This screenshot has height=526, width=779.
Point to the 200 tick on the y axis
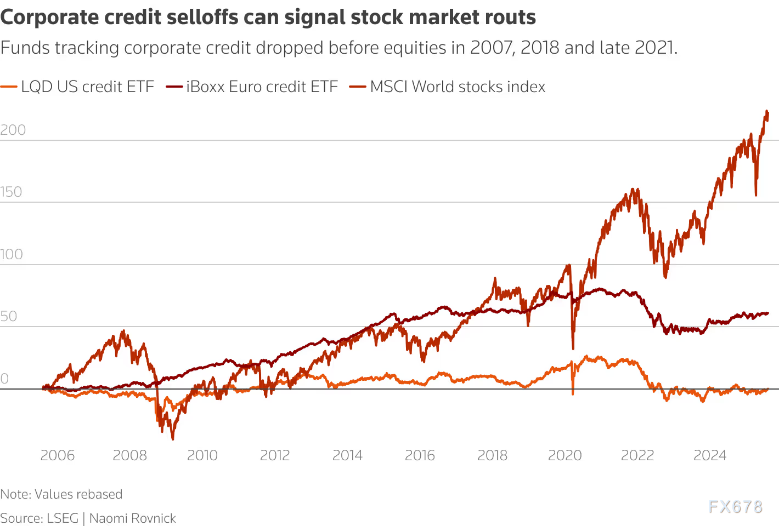(x=13, y=130)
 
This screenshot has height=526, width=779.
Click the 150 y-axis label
(x=12, y=192)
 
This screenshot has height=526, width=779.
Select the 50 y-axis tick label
(x=9, y=316)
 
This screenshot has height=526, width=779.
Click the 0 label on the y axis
(x=4, y=379)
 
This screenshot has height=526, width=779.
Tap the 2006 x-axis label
(x=57, y=455)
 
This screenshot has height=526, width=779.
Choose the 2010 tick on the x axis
(x=202, y=455)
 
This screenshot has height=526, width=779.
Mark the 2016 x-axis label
(x=420, y=455)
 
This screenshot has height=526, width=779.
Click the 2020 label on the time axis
(x=565, y=455)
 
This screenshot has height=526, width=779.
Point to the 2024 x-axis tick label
(x=710, y=455)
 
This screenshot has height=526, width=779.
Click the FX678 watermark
(x=736, y=506)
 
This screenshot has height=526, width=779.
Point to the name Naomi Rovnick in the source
(x=132, y=518)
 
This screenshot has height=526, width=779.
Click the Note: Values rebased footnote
(x=61, y=494)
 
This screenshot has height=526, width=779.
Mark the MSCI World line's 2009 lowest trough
(x=173, y=439)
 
